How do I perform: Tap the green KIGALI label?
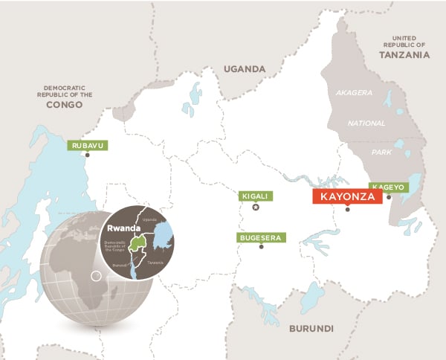pyautogui.click(x=255, y=196)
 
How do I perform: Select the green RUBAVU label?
pyautogui.click(x=86, y=145)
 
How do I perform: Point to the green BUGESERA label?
pyautogui.click(x=259, y=237)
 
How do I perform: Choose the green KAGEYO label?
pyautogui.click(x=388, y=187)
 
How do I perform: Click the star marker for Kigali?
pyautogui.click(x=256, y=208)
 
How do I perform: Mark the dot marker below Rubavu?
pyautogui.click(x=88, y=155)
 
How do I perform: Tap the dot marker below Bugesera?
pyautogui.click(x=261, y=247)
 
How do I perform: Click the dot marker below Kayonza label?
pyautogui.click(x=347, y=209)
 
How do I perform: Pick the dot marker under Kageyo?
pyautogui.click(x=389, y=197)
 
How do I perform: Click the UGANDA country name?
pyautogui.click(x=245, y=69)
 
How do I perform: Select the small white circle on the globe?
pyautogui.click(x=95, y=277)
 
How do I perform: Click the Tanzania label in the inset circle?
pyautogui.click(x=155, y=262)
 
